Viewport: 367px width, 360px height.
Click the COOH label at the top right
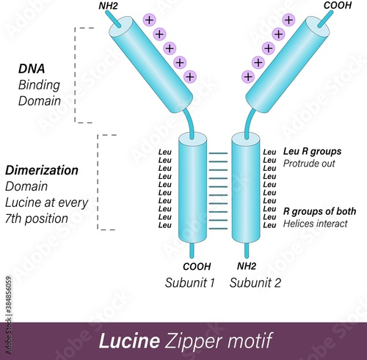coord(338,5)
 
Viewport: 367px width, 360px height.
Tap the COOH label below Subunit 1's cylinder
coord(197,266)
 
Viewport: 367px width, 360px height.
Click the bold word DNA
coord(32,69)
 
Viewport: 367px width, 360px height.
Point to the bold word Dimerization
coord(42,170)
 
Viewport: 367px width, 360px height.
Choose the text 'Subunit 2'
coord(254,283)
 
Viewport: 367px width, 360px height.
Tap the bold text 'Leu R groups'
coord(311,152)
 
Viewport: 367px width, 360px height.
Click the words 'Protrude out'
coord(308,164)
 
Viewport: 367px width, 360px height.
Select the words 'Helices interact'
coord(315,224)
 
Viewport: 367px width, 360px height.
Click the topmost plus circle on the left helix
coord(149,20)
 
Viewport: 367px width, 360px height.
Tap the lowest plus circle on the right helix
coord(248,76)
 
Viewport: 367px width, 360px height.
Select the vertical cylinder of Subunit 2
coord(245,188)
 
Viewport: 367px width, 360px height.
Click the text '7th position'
coord(36,218)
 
